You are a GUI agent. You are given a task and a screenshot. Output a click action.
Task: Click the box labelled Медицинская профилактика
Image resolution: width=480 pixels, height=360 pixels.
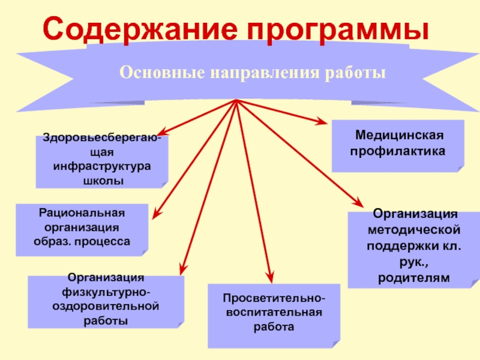[x=398, y=144]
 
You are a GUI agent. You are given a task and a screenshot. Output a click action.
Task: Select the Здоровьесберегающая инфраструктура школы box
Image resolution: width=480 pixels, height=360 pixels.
[x=101, y=161]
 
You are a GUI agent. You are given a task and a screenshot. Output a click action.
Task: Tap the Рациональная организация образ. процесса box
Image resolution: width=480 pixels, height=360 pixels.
[x=82, y=229]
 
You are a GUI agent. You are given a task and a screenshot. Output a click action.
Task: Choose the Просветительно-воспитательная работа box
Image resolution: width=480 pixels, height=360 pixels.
[x=272, y=314]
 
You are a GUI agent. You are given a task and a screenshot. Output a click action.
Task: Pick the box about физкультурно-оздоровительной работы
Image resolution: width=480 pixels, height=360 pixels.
[x=106, y=300]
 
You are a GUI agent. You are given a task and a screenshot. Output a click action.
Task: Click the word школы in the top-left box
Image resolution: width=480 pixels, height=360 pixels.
[x=101, y=181]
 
